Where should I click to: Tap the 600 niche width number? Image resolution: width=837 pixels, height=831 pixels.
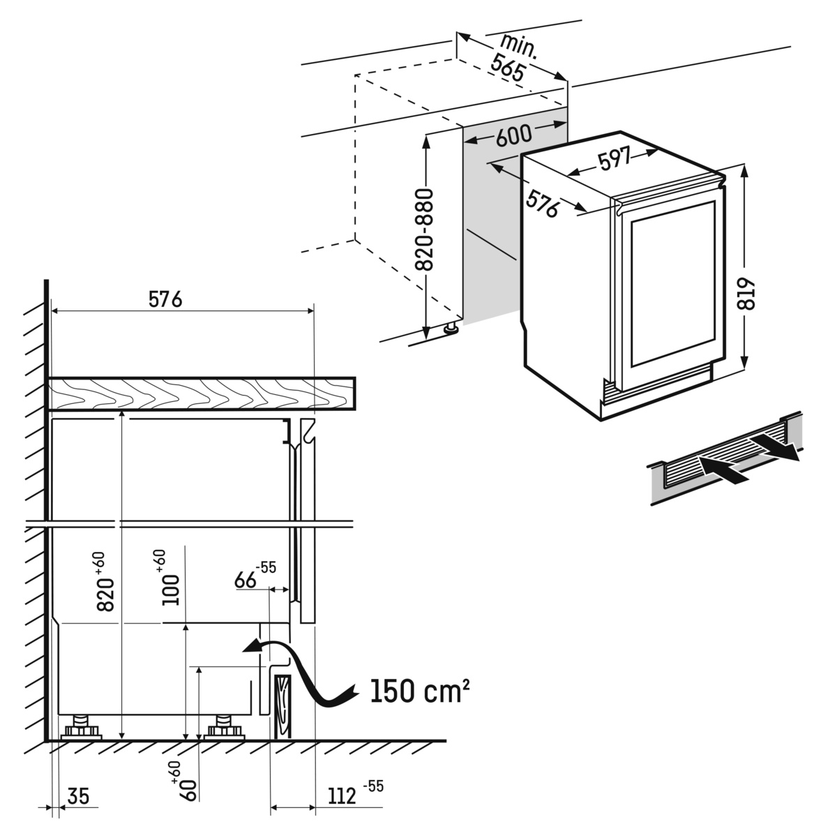click(513, 135)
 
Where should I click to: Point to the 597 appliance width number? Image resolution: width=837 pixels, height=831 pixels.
click(614, 160)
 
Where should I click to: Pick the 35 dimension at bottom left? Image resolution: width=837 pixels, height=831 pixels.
click(80, 796)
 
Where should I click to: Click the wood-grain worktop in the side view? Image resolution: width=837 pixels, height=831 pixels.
click(202, 394)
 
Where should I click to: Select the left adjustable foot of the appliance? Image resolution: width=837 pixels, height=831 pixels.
click(82, 727)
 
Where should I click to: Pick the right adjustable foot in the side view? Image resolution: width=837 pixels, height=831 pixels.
click(225, 727)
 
